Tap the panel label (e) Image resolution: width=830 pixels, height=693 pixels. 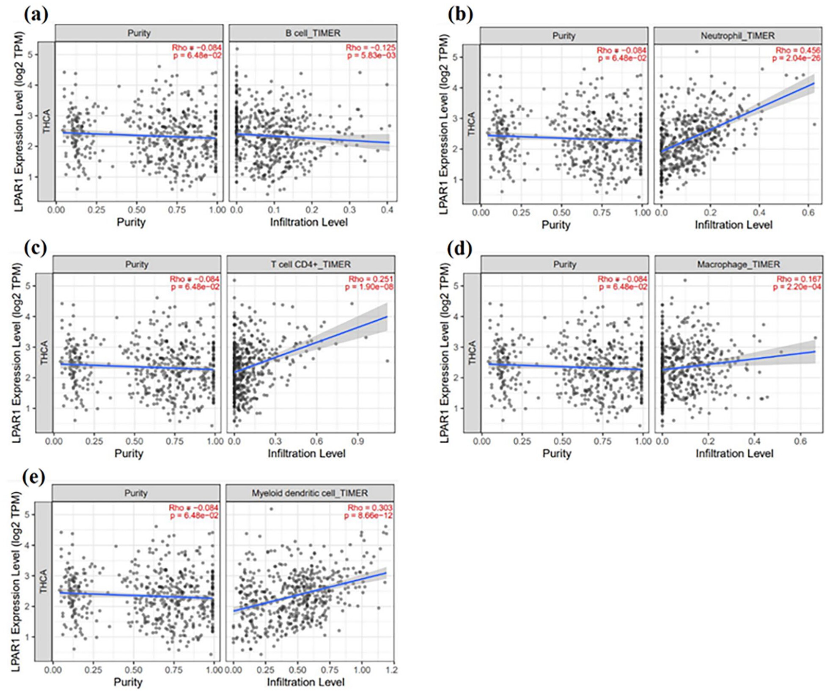coord(34,477)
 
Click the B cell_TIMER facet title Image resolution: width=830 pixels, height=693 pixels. coord(313,33)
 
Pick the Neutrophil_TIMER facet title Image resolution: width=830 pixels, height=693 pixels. coord(737,36)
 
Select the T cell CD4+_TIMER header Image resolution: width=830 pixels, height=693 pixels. coord(311,264)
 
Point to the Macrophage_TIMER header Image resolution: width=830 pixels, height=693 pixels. coord(738,264)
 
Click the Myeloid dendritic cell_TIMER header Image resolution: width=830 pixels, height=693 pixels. coord(310,493)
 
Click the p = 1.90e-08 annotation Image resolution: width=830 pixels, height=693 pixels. coord(369,287)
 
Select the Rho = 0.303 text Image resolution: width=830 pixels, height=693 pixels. coord(370,508)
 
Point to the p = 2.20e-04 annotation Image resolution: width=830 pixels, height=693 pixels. coord(797,287)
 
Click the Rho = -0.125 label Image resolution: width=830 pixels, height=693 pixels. coord(371,47)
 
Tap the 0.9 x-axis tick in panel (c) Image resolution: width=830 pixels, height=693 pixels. coord(357,441)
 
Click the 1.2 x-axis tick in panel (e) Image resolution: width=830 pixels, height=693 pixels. coord(392,670)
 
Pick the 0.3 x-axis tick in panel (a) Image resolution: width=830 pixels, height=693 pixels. coord(349,210)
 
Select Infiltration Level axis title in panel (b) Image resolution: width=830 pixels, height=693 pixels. coord(734,225)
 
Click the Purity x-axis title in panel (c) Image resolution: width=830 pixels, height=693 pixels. coord(129,453)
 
